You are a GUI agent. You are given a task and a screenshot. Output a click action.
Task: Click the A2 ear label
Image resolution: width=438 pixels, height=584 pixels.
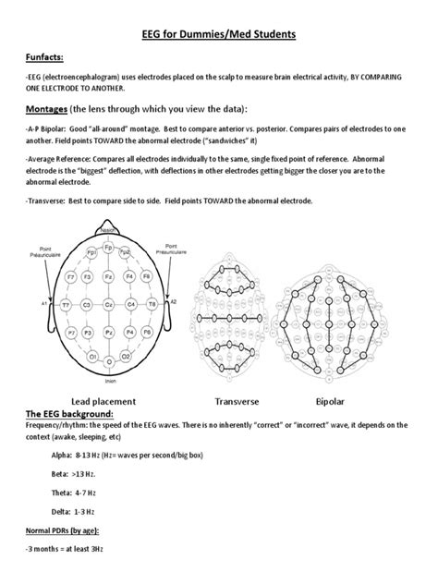pyautogui.click(x=173, y=302)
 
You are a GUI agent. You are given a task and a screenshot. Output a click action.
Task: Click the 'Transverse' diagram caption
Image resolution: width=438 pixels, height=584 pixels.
pyautogui.click(x=238, y=401)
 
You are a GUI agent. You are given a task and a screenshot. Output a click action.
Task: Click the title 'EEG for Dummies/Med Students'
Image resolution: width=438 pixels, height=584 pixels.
pyautogui.click(x=218, y=35)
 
